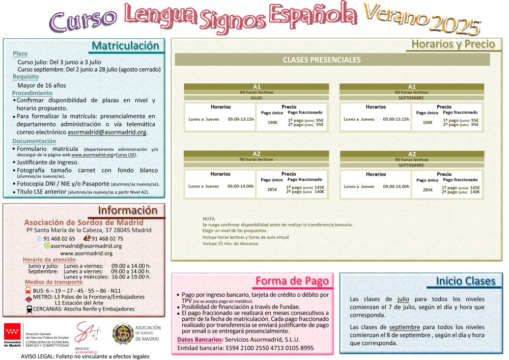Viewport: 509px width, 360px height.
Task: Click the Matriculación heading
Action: pos(125,46)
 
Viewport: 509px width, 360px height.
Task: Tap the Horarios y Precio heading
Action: pos(453,44)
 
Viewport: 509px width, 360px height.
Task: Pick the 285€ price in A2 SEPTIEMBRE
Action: pos(428,190)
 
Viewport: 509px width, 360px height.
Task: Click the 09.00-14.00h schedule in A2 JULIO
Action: pos(241,186)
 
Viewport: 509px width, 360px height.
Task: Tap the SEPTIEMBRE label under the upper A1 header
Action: pos(411,97)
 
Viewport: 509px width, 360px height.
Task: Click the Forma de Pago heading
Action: pos(292,281)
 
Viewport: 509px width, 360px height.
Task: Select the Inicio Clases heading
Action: pos(465,281)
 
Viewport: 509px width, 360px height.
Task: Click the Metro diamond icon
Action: pos(29,299)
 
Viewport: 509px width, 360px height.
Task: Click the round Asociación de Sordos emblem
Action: pos(123,334)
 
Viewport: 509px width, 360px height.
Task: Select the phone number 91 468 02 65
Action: pos(59,238)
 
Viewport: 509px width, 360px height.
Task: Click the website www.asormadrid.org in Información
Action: pos(86,253)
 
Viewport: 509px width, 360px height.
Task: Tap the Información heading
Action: pos(127,211)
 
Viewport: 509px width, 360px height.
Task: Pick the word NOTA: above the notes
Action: pos(209,218)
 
